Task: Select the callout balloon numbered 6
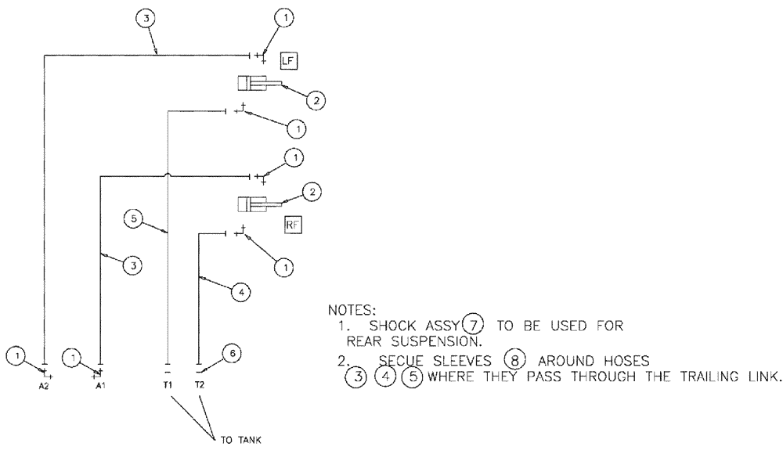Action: point(231,354)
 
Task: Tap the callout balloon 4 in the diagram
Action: point(242,291)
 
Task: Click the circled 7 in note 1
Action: point(473,323)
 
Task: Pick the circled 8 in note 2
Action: point(513,361)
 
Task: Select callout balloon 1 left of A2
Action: point(16,356)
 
